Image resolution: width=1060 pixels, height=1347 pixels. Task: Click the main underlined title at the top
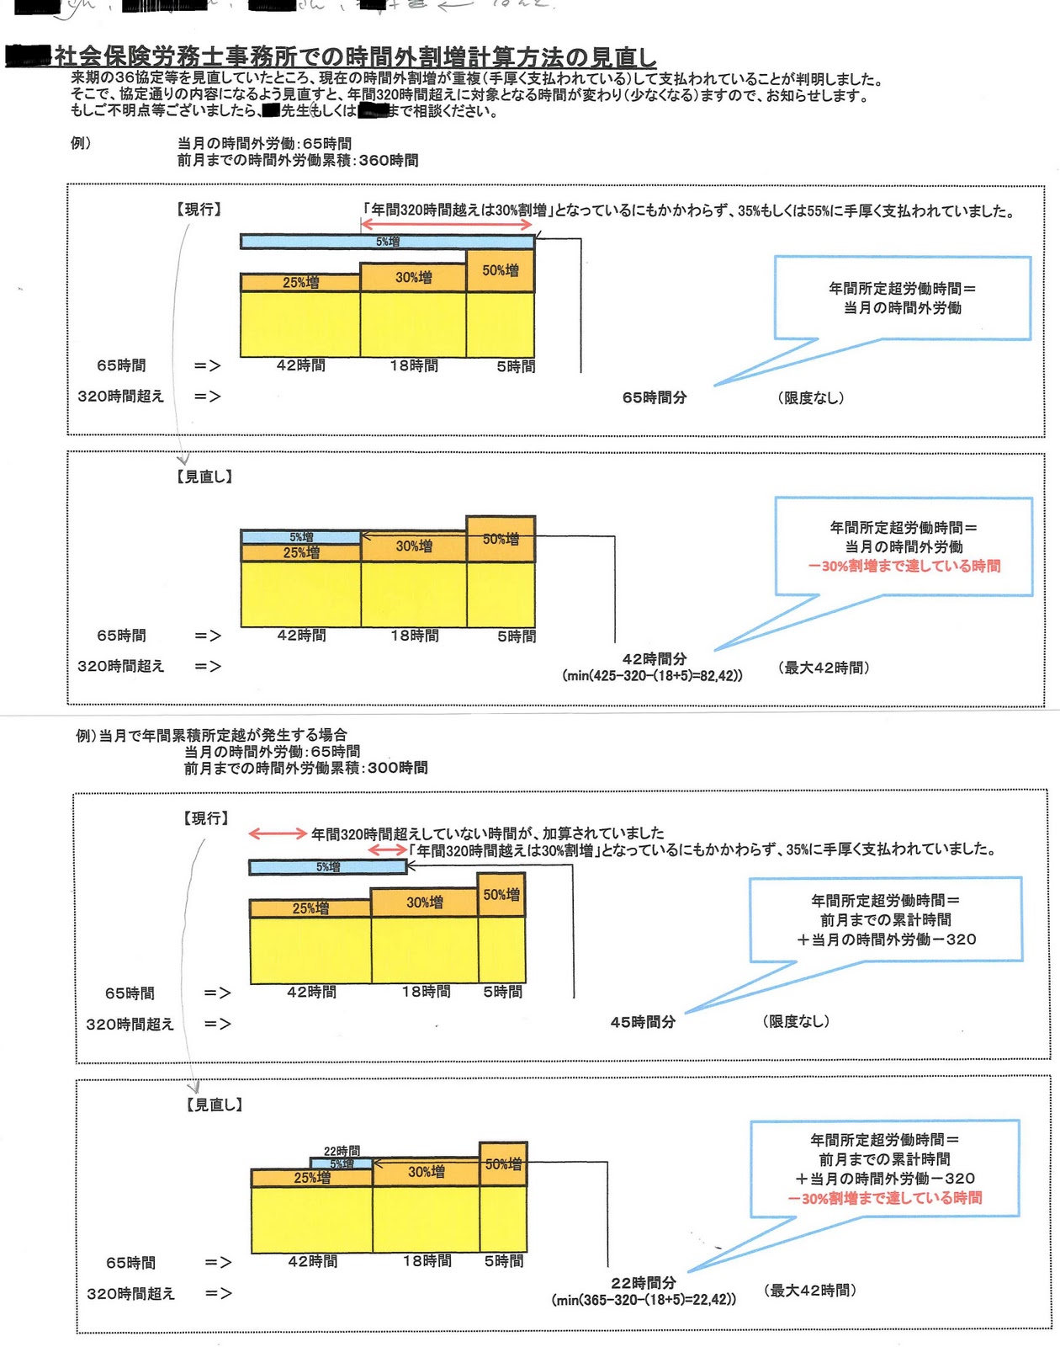pyautogui.click(x=353, y=57)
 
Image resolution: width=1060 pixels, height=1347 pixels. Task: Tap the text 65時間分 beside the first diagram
pyautogui.click(x=654, y=397)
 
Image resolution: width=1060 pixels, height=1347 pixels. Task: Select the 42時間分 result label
pyautogui.click(x=654, y=658)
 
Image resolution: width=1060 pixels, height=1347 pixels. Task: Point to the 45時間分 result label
pyautogui.click(x=643, y=1021)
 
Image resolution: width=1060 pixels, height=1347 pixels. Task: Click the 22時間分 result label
pyautogui.click(x=644, y=1282)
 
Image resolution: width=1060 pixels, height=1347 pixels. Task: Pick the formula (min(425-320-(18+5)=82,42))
pyautogui.click(x=652, y=675)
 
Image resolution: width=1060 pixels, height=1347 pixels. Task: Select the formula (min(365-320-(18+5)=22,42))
pyautogui.click(x=644, y=1299)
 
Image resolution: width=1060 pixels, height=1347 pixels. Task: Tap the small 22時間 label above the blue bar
pyautogui.click(x=342, y=1150)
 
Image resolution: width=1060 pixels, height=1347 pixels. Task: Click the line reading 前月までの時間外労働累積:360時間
pyautogui.click(x=297, y=160)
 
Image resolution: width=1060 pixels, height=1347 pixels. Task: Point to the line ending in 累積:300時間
pyautogui.click(x=305, y=767)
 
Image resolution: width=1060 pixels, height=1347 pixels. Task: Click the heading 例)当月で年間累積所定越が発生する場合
pyautogui.click(x=211, y=735)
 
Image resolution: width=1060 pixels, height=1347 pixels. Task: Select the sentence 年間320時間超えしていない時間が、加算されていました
pyautogui.click(x=487, y=833)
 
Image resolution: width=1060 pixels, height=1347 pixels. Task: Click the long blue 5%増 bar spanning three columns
pyautogui.click(x=387, y=242)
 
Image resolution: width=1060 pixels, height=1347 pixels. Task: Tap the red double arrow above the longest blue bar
pyautogui.click(x=447, y=224)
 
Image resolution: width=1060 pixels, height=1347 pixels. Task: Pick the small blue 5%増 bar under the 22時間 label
pyautogui.click(x=342, y=1163)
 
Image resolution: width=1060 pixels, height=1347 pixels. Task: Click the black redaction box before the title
pyautogui.click(x=29, y=56)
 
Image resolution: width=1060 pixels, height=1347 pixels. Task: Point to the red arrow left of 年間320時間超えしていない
pyautogui.click(x=278, y=833)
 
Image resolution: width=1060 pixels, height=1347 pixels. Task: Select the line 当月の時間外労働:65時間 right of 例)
pyautogui.click(x=264, y=143)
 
